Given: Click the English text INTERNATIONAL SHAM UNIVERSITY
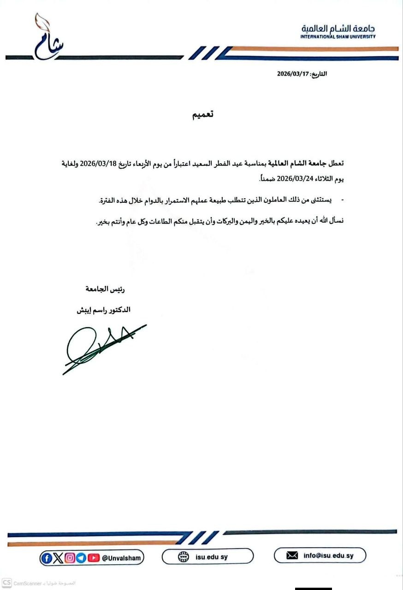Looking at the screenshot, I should coord(338,36).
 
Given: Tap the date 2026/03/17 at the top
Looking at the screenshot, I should coord(292,74).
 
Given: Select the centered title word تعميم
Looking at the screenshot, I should coord(203,115).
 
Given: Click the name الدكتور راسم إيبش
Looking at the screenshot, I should coord(104,310).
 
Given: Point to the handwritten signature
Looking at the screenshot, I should coord(101,348).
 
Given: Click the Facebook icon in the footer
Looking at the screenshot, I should coord(47,558).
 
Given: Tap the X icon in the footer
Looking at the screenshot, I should coord(58,558).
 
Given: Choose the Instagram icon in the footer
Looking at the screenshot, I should coord(70,558).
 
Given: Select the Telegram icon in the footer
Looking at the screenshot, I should coord(81,558).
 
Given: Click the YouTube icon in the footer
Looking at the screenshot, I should coord(94,558).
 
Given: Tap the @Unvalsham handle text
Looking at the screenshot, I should coord(122,558).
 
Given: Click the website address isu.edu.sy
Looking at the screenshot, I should coord(211,557).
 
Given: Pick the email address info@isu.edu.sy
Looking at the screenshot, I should coord(328,556).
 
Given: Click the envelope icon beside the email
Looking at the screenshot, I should coord(292,556).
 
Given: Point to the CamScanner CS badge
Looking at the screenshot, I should coord(7,583).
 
